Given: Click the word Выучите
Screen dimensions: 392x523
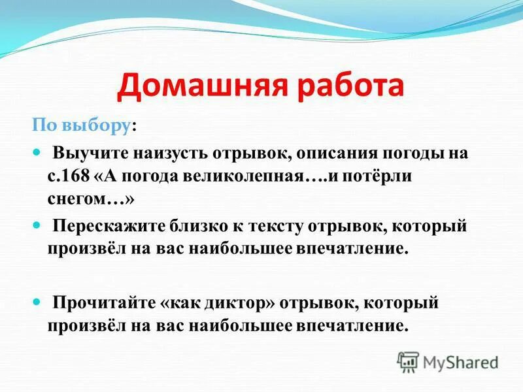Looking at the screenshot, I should click(x=91, y=154).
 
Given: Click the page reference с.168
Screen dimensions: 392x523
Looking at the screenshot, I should click(x=67, y=177).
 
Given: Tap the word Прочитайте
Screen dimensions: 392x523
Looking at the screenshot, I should click(x=104, y=303).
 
